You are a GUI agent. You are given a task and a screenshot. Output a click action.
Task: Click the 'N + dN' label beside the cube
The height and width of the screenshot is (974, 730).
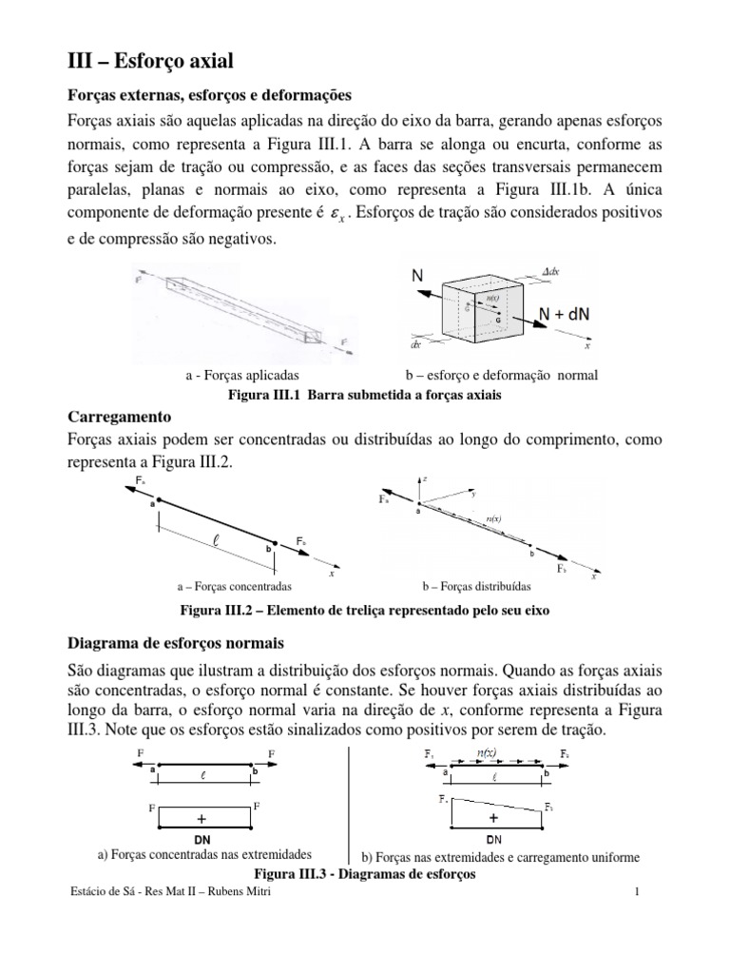tap(566, 315)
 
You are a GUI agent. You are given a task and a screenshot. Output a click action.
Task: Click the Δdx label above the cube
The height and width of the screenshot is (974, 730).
tap(550, 271)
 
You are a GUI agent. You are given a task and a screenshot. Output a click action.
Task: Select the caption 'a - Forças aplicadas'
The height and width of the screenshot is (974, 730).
tap(242, 376)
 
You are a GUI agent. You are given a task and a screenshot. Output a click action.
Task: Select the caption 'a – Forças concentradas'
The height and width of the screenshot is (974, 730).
tap(234, 587)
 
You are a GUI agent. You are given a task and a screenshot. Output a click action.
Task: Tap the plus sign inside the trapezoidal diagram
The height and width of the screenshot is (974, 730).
tap(493, 817)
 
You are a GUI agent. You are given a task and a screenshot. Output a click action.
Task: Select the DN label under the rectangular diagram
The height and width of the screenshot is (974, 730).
tap(202, 840)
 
